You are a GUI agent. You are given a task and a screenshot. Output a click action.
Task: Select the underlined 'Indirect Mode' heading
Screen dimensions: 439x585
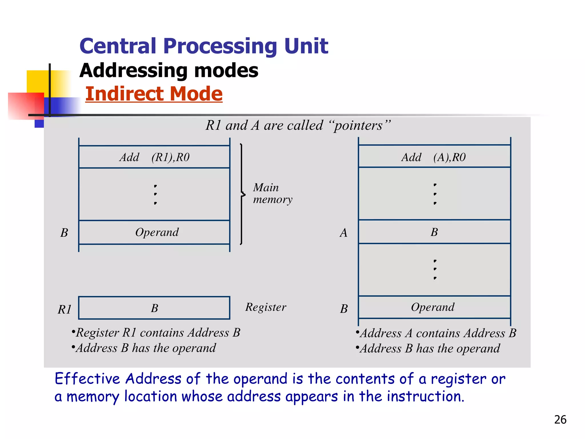pyautogui.click(x=154, y=94)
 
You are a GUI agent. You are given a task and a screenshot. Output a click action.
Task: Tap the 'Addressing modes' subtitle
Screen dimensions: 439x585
pyautogui.click(x=169, y=70)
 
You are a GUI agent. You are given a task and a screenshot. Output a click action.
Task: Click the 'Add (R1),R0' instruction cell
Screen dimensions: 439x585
pyautogui.click(x=154, y=157)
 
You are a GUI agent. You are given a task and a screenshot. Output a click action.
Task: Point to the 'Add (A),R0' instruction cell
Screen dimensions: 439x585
pyautogui.click(x=434, y=157)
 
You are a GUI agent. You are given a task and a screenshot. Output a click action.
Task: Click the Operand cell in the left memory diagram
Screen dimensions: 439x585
pyautogui.click(x=154, y=232)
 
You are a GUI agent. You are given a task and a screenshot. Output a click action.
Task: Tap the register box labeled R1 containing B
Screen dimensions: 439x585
pyautogui.click(x=154, y=308)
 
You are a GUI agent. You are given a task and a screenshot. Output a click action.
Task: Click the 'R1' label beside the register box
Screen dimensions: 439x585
pyautogui.click(x=65, y=310)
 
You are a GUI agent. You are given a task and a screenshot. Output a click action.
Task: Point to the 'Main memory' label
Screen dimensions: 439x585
pyautogui.click(x=272, y=193)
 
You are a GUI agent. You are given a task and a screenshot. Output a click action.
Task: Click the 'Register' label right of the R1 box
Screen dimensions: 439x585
pyautogui.click(x=266, y=307)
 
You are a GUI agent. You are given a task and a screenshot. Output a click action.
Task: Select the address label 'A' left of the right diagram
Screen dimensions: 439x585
pyautogui.click(x=344, y=233)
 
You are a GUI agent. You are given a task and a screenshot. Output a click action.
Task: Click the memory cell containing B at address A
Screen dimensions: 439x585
pyautogui.click(x=434, y=232)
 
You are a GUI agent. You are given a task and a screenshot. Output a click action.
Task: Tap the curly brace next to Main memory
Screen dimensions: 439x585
pyautogui.click(x=242, y=194)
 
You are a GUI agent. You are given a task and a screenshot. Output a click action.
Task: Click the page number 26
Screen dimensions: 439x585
pyautogui.click(x=560, y=420)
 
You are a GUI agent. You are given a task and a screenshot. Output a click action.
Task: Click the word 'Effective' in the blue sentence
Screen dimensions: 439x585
pyautogui.click(x=87, y=379)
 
